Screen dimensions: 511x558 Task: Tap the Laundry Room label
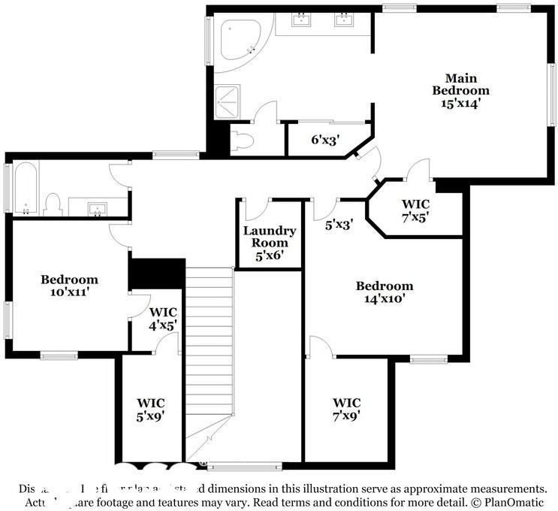(x=269, y=243)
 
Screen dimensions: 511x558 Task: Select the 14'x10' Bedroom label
(x=385, y=292)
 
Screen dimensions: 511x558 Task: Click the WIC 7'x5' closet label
(x=415, y=210)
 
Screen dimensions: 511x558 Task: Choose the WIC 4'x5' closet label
(x=162, y=318)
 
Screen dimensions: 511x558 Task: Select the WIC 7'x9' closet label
(x=347, y=409)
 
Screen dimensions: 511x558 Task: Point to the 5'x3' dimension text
(x=339, y=223)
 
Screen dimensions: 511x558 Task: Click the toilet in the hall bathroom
(x=52, y=204)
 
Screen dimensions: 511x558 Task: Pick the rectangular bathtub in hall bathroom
(x=26, y=188)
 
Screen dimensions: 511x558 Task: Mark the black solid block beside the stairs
(x=157, y=274)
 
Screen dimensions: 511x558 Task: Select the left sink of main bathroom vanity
(x=303, y=19)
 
